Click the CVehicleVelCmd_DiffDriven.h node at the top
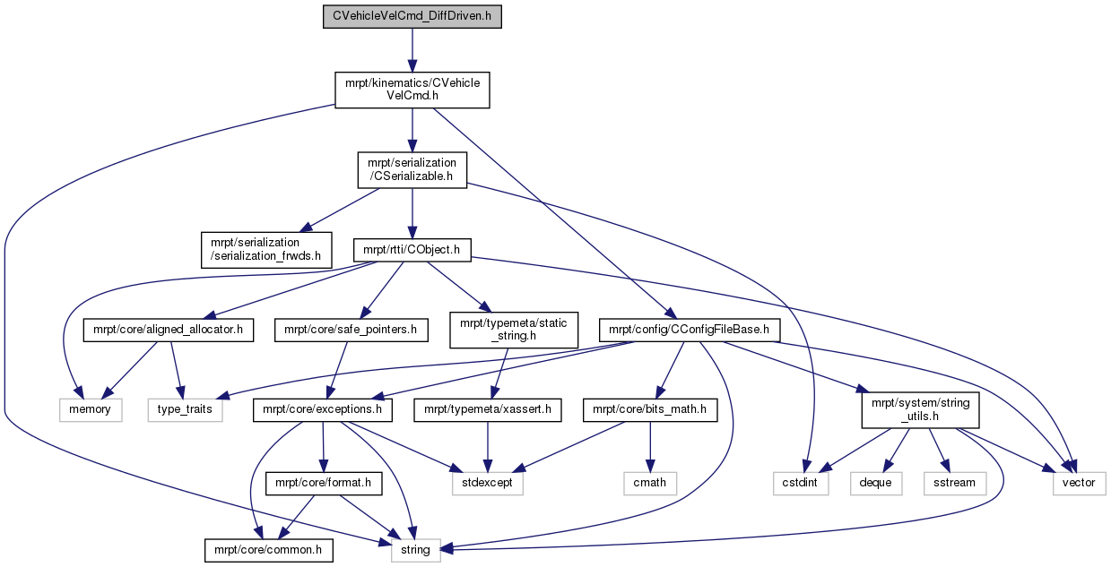click(x=412, y=16)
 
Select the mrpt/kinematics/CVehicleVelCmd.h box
click(x=412, y=90)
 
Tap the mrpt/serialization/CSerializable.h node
click(x=412, y=170)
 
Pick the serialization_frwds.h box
click(x=266, y=250)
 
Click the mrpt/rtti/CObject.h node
click(x=412, y=250)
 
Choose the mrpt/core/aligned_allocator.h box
click(x=169, y=331)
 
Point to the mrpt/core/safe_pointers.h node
click(x=352, y=331)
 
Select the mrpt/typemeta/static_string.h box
click(x=514, y=331)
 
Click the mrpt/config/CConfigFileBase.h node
click(x=690, y=331)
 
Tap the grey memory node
click(x=91, y=410)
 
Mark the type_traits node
click(x=185, y=410)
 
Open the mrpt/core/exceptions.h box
click(x=323, y=410)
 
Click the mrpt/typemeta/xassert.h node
click(x=488, y=410)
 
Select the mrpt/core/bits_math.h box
click(x=650, y=410)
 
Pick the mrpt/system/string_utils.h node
click(x=921, y=410)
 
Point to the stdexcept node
click(x=488, y=483)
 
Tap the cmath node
click(x=650, y=483)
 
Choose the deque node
click(x=876, y=483)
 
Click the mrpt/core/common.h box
click(x=268, y=551)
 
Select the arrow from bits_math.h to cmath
click(x=650, y=447)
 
